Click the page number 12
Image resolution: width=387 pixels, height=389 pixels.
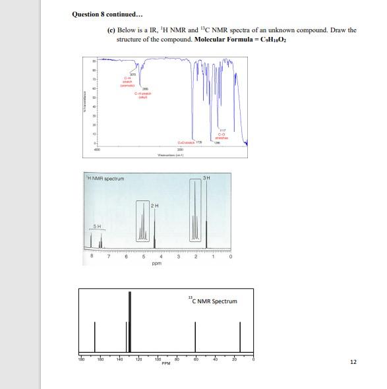(x=353, y=362)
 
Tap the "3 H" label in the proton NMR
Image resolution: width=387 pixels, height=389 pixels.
(x=207, y=175)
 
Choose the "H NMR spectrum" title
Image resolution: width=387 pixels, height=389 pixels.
(x=105, y=179)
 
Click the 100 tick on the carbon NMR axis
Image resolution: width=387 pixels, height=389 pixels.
(x=158, y=359)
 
